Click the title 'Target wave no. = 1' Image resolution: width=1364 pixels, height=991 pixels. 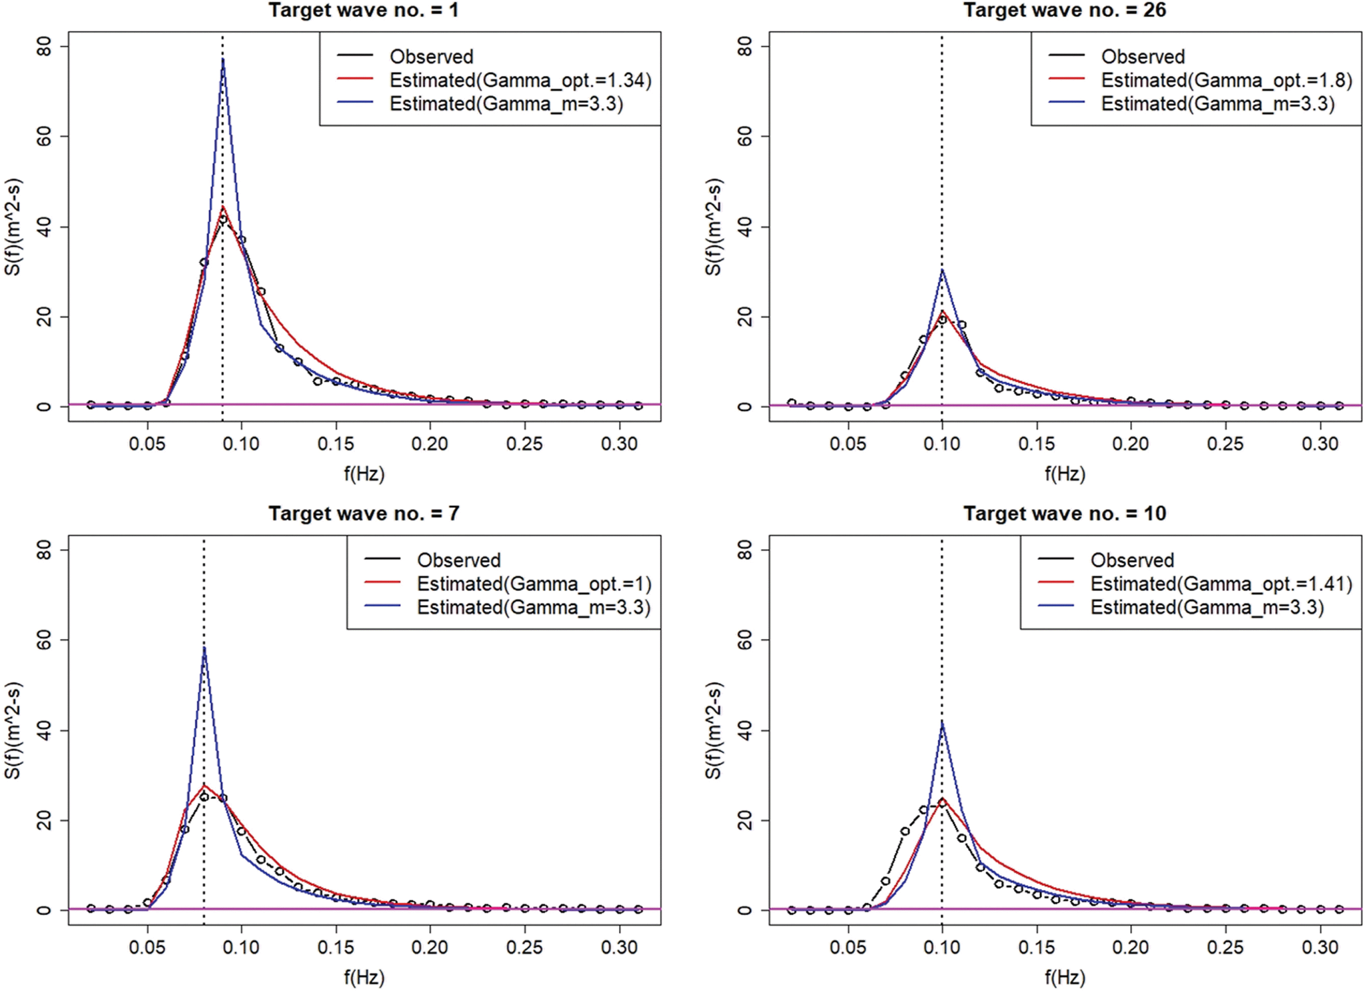[x=363, y=10]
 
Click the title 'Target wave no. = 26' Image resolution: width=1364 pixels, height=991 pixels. [x=1064, y=10]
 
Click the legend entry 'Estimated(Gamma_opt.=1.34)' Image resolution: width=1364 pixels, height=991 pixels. [x=520, y=80]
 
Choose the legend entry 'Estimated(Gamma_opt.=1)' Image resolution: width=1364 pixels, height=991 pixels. [x=534, y=584]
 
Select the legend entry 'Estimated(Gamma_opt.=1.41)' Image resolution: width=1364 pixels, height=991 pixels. [x=1221, y=584]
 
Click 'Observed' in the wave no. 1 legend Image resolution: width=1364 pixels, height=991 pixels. [x=431, y=56]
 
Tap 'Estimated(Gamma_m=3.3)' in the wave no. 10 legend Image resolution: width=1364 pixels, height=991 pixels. [x=1207, y=608]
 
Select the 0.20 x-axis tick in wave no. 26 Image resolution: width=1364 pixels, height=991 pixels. [x=1131, y=444]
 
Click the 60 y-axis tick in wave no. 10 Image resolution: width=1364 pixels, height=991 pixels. [x=744, y=640]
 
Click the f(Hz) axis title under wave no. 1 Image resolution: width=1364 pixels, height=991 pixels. [x=364, y=474]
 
